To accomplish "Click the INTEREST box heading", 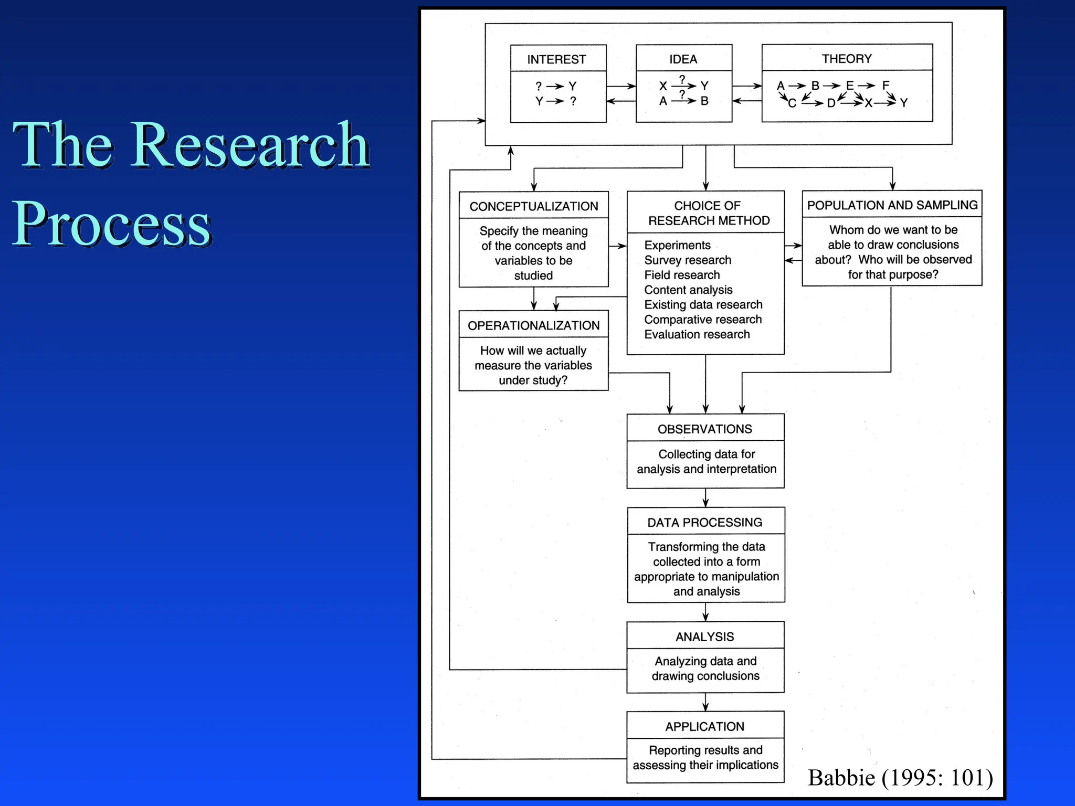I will pos(556,59).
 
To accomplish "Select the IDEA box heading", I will pos(683,59).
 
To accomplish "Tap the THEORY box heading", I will pos(847,59).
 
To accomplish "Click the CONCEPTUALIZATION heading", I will pos(533,206).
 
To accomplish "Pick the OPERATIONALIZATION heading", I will pos(533,325).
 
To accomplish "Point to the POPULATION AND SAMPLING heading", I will pos(892,205).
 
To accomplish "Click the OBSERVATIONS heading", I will pos(704,429).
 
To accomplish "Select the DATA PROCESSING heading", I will pos(704,522).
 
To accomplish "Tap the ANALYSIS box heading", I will pos(704,637).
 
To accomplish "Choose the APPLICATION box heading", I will pos(704,726).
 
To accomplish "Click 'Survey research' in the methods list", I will pos(688,260).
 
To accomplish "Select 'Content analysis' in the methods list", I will pos(688,290).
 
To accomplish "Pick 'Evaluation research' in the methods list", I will pos(697,334).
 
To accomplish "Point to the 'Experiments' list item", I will pos(677,245).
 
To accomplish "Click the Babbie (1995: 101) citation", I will pos(900,778).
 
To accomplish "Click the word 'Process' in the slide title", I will pos(111,224).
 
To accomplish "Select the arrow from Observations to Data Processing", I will pos(705,497).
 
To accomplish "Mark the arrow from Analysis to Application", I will pos(705,702).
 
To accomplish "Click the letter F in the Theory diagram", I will pos(886,85).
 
